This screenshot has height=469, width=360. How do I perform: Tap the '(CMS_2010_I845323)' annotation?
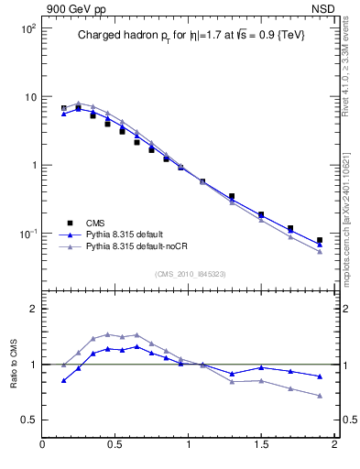point(189,273)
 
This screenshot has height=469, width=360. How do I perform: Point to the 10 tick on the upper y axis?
point(29,97)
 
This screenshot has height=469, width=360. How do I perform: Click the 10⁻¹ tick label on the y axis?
point(27,234)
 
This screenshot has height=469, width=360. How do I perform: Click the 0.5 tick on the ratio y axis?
point(28,420)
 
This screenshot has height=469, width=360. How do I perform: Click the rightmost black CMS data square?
point(320,240)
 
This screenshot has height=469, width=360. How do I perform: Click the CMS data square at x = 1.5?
point(261,214)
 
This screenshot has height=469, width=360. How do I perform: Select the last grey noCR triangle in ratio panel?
point(320,396)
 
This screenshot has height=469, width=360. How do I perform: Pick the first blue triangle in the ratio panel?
point(63,380)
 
